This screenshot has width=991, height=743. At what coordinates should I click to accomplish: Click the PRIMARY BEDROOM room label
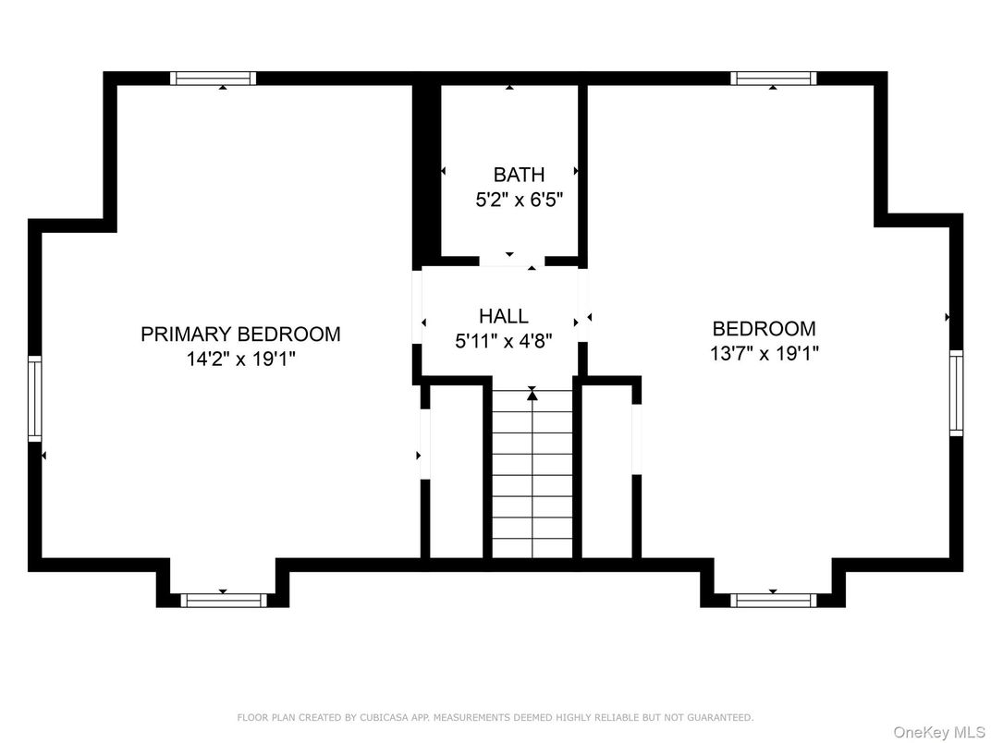[240, 334]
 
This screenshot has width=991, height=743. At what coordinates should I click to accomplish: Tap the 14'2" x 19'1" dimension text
[240, 359]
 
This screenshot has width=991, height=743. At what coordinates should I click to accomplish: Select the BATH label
[519, 175]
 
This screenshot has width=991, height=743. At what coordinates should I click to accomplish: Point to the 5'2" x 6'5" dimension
[519, 201]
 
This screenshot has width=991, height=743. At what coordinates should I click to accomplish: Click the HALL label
[504, 316]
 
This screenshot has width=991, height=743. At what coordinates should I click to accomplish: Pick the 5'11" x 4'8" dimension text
[504, 342]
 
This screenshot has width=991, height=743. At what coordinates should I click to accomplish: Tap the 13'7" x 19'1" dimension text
[765, 354]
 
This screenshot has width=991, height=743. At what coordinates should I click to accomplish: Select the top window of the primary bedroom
[213, 79]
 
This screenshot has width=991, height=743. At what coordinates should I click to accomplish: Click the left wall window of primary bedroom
[35, 398]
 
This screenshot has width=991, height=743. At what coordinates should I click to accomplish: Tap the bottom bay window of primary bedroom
[224, 600]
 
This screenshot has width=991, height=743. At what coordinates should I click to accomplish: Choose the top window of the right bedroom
[774, 79]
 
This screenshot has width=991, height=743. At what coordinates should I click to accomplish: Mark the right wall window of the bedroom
[956, 393]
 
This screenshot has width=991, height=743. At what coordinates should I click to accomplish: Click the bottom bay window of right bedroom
[774, 600]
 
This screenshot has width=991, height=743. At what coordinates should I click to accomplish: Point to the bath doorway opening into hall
[512, 262]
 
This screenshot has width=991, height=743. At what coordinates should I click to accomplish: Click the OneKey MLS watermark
[940, 732]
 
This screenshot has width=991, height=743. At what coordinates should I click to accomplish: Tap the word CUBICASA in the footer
[385, 717]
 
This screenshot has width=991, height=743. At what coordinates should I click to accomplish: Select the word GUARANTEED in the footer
[720, 717]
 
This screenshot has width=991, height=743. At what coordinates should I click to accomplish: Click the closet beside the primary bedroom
[457, 471]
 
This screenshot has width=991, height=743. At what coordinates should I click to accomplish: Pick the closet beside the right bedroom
[606, 471]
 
